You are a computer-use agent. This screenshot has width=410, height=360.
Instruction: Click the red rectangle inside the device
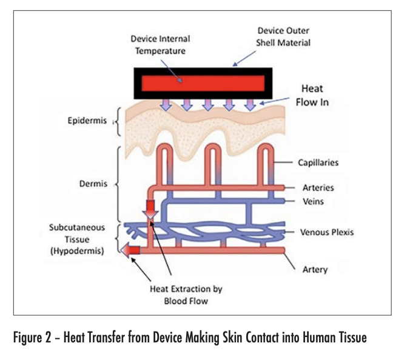[203, 84]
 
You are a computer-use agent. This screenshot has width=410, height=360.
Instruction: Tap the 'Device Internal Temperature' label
[160, 45]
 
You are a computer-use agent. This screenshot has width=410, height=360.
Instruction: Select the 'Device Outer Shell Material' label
[283, 36]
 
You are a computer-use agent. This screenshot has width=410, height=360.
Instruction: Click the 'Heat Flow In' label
[312, 95]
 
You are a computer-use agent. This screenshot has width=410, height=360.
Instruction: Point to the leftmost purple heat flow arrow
[166, 105]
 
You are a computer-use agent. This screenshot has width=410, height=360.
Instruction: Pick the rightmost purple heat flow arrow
[250, 105]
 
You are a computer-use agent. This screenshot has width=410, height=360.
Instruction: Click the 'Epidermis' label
[87, 121]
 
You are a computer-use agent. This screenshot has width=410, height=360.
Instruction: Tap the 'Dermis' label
[93, 184]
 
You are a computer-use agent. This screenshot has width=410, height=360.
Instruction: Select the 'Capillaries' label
[318, 162]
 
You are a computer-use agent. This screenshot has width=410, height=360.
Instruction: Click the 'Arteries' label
[318, 188]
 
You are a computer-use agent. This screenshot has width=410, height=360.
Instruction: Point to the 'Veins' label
[313, 201]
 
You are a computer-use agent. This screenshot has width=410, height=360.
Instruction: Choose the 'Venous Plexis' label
[327, 232]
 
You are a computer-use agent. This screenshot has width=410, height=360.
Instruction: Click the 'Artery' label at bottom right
[315, 269]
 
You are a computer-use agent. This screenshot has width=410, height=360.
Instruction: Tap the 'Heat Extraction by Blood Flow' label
[186, 295]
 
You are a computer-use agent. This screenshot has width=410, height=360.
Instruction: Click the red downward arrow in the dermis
[150, 210]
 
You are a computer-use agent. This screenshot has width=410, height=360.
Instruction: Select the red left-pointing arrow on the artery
[130, 250]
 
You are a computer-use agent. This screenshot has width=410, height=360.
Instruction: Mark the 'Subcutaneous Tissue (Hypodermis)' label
[77, 239]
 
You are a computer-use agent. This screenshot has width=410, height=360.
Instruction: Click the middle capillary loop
[213, 165]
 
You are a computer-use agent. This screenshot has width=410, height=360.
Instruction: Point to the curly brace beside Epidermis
[118, 122]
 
